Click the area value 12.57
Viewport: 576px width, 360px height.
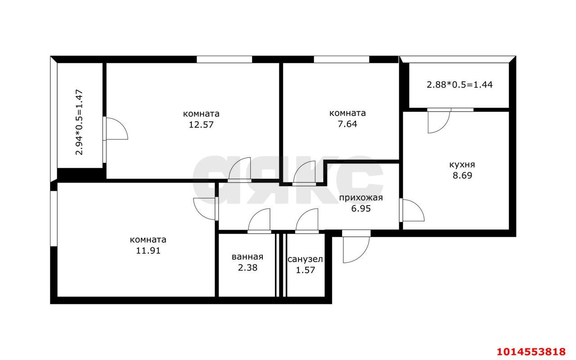(201, 125)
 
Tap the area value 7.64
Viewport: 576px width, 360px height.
(347, 124)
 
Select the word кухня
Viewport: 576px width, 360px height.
(462, 165)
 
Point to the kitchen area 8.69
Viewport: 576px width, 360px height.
(462, 175)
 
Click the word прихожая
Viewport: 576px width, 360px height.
(360, 198)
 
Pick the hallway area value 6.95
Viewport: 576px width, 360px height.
(361, 209)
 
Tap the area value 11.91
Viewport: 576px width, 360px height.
(148, 251)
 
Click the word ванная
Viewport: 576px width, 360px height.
(247, 257)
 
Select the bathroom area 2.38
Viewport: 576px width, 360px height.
(247, 268)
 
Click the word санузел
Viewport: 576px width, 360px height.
(305, 259)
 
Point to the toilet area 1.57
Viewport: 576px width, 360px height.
(305, 270)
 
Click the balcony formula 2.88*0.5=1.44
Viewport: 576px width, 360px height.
(459, 84)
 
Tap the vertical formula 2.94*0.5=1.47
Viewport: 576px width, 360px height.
(80, 122)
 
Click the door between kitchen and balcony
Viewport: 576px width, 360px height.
(438, 121)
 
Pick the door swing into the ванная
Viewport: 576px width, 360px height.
(259, 220)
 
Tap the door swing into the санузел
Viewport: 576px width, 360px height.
(307, 220)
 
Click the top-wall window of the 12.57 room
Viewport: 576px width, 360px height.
(224, 59)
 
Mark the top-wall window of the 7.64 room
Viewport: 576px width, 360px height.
(341, 59)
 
